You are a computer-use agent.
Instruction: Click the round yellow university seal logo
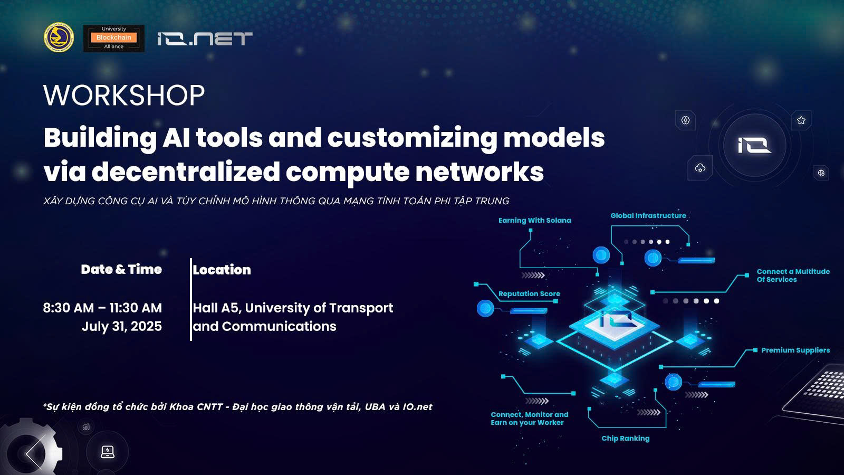(x=59, y=37)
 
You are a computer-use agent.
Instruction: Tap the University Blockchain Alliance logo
(x=114, y=38)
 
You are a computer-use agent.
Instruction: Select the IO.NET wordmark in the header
(x=205, y=39)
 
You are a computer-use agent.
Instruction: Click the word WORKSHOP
(x=124, y=95)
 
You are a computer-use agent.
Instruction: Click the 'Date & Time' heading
(x=121, y=270)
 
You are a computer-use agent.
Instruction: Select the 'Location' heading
(x=222, y=270)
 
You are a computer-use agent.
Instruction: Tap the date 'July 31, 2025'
(x=122, y=327)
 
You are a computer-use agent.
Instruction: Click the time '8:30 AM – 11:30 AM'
(x=102, y=308)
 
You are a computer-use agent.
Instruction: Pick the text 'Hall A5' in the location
(x=216, y=308)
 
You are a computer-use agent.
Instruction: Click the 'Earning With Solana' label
(x=535, y=221)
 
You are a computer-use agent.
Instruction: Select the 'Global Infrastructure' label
(x=648, y=216)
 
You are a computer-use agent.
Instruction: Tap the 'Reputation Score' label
(x=529, y=293)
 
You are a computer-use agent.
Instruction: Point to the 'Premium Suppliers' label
(x=795, y=350)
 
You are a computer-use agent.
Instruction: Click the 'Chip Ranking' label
(x=626, y=439)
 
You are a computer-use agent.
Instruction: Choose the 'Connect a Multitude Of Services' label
(x=793, y=275)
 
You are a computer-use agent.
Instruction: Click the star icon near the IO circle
(x=801, y=120)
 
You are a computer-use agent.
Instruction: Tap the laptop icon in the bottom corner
(x=108, y=452)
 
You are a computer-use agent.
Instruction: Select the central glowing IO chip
(x=615, y=324)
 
